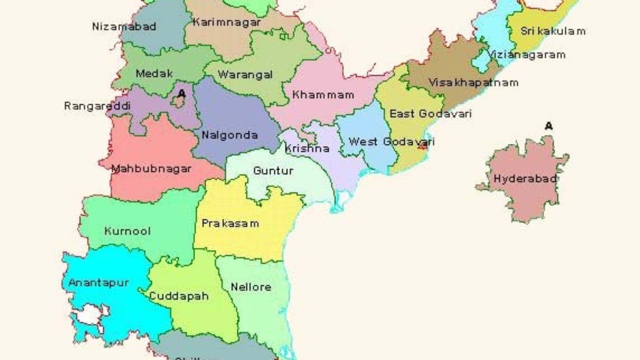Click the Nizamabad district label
click(124, 27)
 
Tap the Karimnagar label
click(227, 22)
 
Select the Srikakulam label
click(553, 31)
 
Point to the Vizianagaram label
click(527, 55)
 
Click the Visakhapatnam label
click(473, 82)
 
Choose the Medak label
click(154, 73)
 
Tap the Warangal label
click(245, 75)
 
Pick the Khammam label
click(323, 95)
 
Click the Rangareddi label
click(97, 106)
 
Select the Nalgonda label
click(230, 135)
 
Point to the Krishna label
click(307, 148)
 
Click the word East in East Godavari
click(402, 114)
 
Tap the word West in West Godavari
click(363, 142)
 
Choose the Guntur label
click(273, 171)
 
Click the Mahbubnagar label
click(151, 169)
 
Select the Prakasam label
click(230, 223)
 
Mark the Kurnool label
click(127, 231)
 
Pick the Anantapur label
click(99, 282)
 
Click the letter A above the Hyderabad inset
click(549, 126)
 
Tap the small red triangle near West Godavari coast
click(422, 146)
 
